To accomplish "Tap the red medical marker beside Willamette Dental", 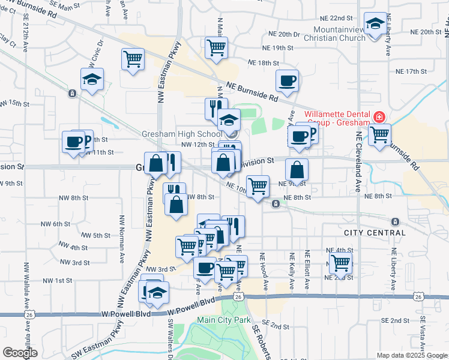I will tap(379, 116).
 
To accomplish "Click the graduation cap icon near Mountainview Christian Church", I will tap(375, 25).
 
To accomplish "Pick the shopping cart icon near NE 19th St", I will tap(216, 47).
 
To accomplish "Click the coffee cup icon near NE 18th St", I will tap(287, 80).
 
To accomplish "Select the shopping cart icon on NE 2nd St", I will tap(340, 262).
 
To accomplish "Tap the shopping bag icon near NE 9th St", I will tap(297, 169).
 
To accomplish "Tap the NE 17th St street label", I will tap(411, 71).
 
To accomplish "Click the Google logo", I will tap(20, 353).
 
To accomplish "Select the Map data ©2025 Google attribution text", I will tap(411, 355).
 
